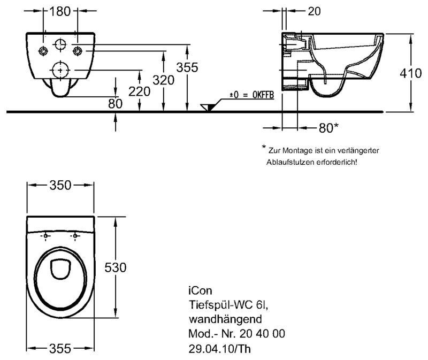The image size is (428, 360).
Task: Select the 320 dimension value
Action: click(164, 80)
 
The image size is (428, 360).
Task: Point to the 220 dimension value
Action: click(139, 91)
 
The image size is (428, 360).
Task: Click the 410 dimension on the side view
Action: click(410, 73)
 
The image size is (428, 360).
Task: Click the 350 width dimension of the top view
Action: click(61, 185)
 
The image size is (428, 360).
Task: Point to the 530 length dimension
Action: click(116, 267)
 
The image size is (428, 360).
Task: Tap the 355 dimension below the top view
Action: click(60, 348)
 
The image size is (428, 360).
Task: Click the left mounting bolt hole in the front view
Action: click(43, 51)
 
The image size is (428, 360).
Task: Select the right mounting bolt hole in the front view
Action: click(78, 51)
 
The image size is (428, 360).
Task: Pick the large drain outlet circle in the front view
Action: click(60, 69)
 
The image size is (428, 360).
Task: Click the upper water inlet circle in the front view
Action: click(60, 43)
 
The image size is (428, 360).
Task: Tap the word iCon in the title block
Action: click(201, 292)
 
